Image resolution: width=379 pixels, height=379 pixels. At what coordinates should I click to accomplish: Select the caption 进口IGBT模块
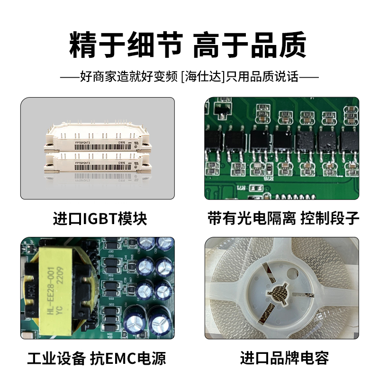[100, 219]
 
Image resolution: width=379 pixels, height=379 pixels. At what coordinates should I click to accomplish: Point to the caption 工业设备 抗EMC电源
[97, 358]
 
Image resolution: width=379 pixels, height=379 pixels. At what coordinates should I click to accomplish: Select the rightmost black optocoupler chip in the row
[350, 141]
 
